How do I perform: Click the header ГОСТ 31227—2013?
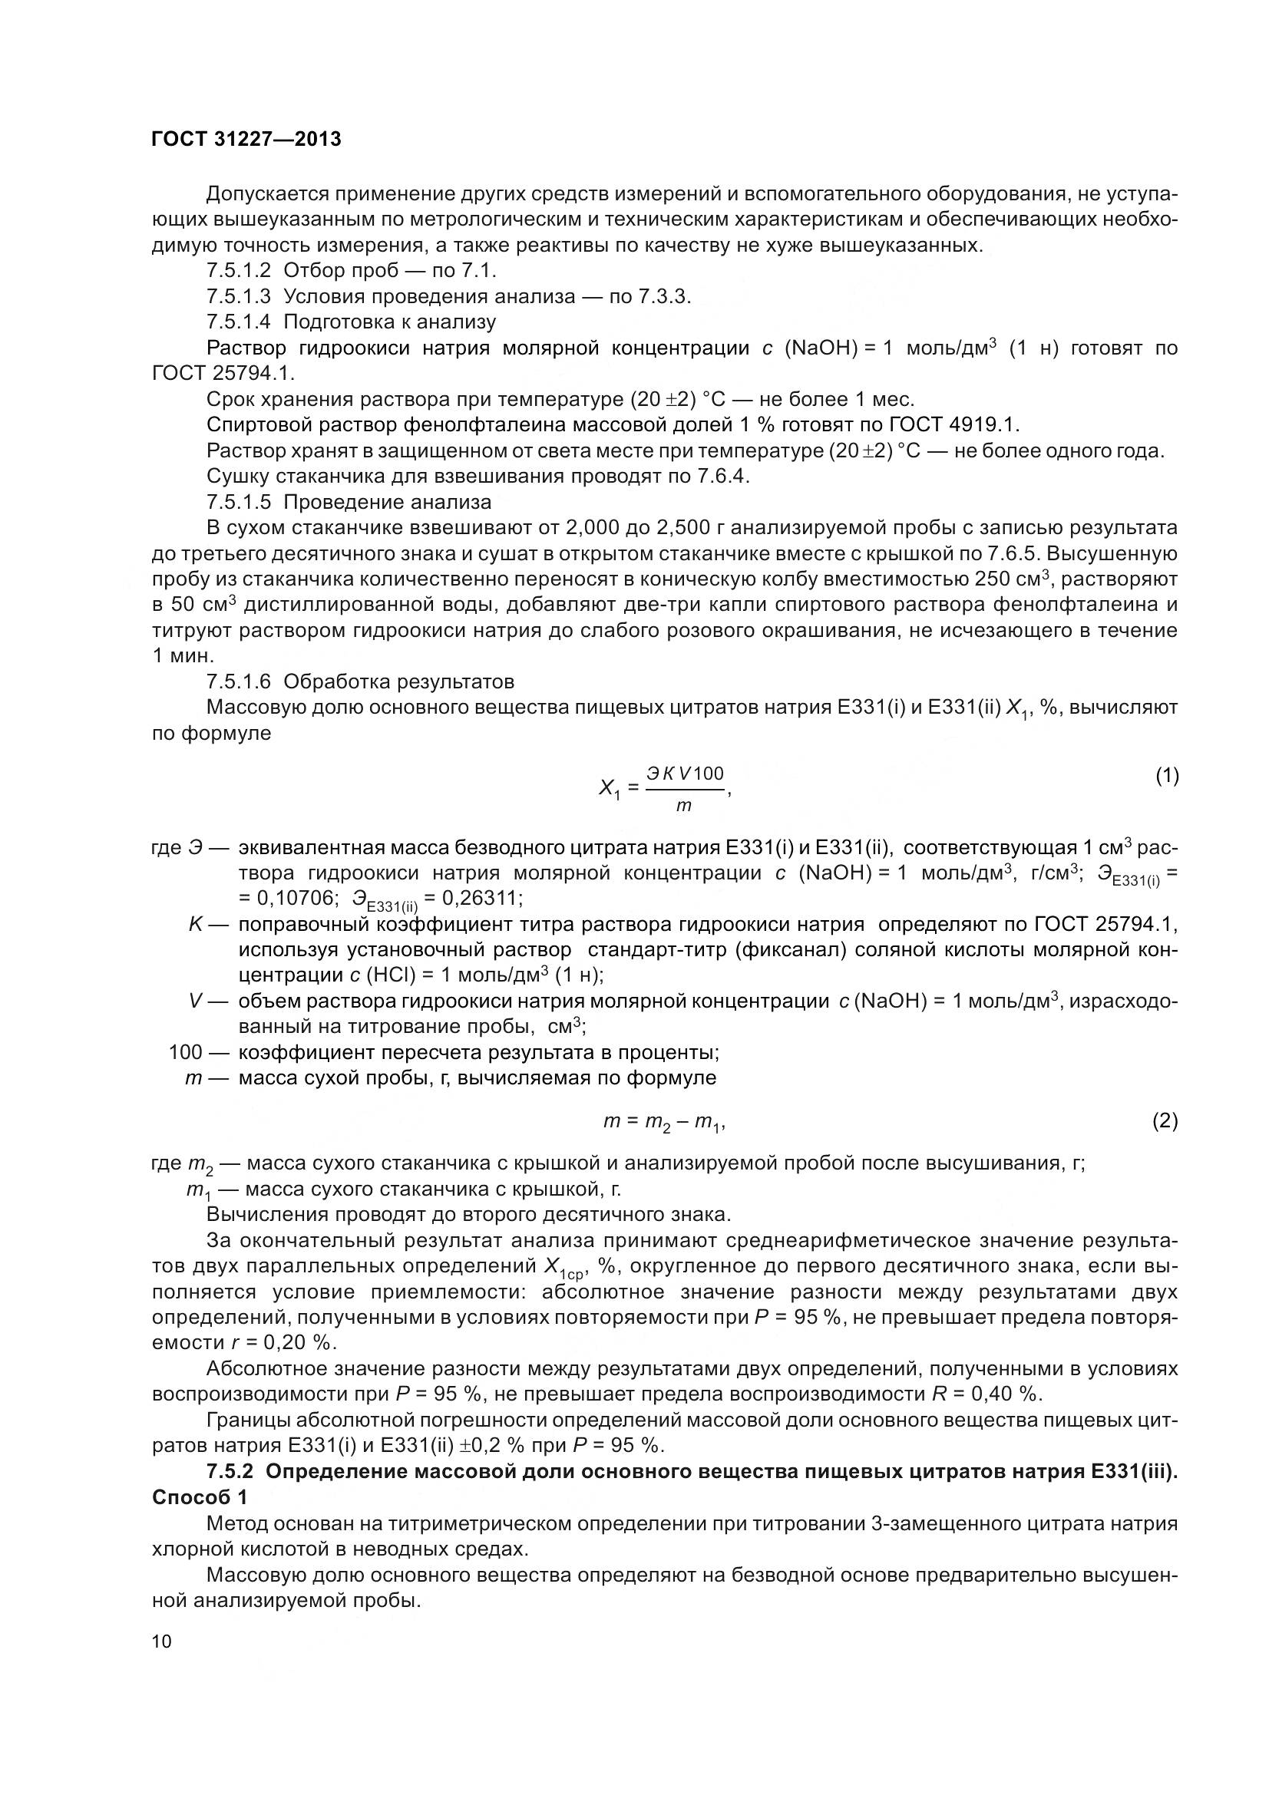pos(246,139)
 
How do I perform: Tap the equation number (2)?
pos(1165,1121)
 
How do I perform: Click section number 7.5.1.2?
pos(239,270)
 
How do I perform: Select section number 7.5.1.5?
pos(239,502)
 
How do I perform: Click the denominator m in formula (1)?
pos(683,805)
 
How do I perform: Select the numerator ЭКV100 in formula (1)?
pos(685,774)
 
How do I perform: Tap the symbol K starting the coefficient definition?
pos(196,924)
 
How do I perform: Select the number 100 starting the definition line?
pos(185,1052)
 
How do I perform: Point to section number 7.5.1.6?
pos(239,681)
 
